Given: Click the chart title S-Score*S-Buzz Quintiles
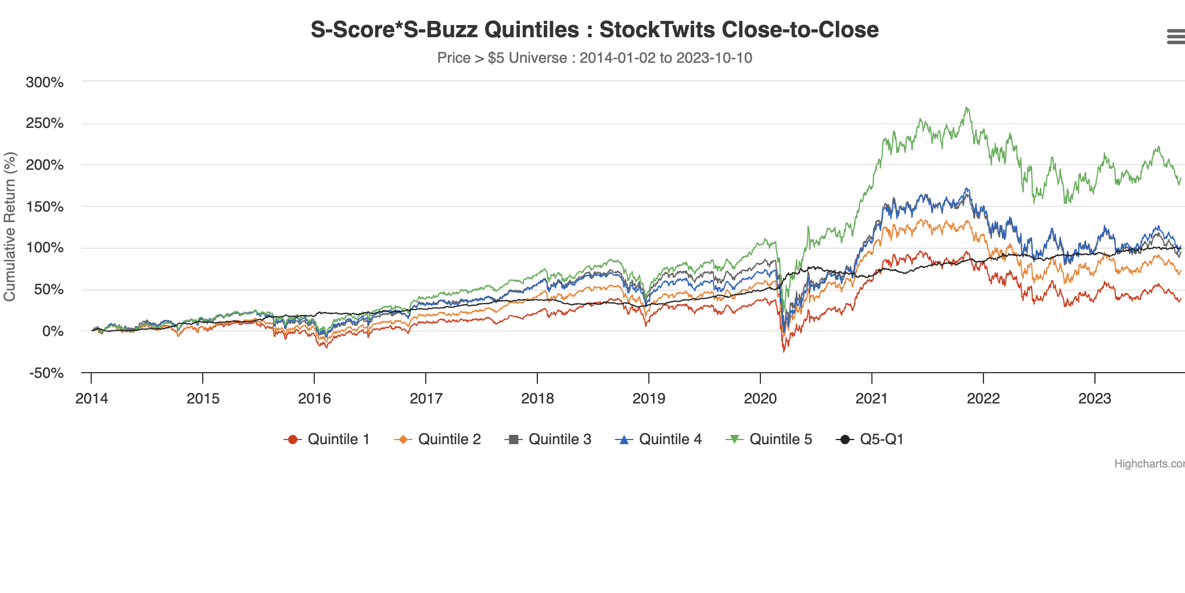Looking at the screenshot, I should point(594,30).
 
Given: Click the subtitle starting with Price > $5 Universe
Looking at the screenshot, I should point(594,58).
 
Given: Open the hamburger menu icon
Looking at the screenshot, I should point(1175,37).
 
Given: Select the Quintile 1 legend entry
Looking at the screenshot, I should point(327,440).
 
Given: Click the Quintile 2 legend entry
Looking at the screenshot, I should point(437,440).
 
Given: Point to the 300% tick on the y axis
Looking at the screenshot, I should point(45,82).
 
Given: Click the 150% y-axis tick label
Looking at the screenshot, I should point(45,206).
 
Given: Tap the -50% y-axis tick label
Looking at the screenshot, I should point(46,373).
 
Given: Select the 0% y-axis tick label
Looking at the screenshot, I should point(53,331).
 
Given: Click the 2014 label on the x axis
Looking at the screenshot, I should point(91,398).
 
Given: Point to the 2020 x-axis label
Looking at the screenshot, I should point(760,398).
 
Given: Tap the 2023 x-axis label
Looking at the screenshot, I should point(1094,398).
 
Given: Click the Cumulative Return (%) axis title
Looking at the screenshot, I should point(10,227).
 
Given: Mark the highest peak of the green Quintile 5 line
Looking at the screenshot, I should point(966,108).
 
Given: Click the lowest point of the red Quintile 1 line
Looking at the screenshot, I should point(784,351).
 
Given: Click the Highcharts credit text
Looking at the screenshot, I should point(1148,464).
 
